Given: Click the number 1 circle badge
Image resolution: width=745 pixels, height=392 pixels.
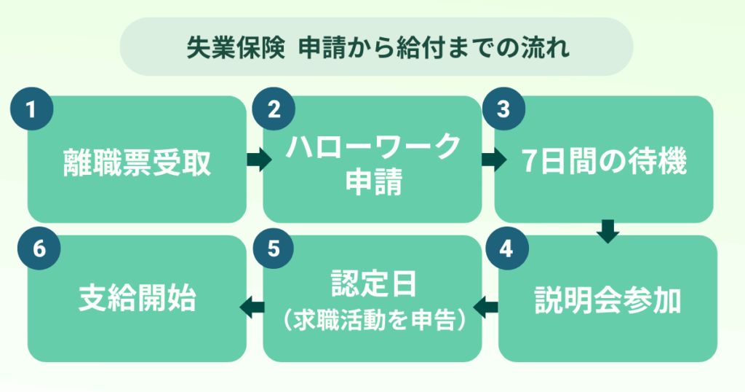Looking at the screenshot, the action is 31,109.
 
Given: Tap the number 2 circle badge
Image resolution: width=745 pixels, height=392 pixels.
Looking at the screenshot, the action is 274,109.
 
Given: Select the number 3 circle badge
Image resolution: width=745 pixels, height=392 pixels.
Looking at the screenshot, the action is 503,109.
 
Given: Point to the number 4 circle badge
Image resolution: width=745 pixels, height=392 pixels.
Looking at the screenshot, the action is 506,248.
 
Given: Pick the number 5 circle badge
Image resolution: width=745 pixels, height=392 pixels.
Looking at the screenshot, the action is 274,248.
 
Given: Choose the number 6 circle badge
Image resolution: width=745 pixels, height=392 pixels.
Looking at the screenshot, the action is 39,248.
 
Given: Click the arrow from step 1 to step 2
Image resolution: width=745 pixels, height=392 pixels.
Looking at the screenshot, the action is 259,159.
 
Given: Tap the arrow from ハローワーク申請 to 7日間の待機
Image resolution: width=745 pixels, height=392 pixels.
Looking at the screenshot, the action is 494,159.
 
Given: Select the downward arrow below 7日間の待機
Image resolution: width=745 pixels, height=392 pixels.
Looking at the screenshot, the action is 607,232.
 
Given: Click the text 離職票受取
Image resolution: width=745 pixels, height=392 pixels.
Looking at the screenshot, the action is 137,162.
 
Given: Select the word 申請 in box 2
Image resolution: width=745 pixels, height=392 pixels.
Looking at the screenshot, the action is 374,181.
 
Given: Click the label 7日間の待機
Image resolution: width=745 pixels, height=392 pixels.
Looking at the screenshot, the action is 604,161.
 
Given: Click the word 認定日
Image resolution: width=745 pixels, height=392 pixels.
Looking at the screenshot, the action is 374,284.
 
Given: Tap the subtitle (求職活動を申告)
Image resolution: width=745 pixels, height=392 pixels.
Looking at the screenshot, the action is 374,320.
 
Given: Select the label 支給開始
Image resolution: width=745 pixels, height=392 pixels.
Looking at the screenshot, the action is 138,298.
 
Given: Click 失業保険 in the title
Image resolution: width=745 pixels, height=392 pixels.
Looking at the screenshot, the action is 236,47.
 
